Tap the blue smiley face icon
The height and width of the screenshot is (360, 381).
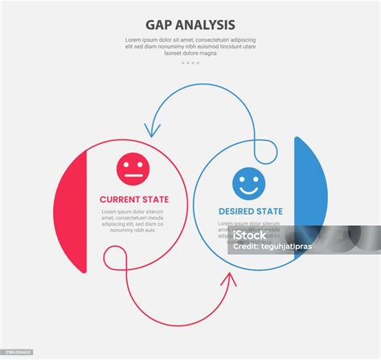tap(248, 183)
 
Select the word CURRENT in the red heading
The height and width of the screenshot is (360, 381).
tap(123, 198)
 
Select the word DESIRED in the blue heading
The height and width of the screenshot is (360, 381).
tap(238, 211)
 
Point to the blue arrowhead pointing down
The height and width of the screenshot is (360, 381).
tap(148, 129)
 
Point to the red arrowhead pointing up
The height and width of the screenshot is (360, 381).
tap(231, 280)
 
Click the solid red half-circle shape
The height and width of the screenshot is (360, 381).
tap(71, 209)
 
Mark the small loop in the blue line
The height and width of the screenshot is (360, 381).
tap(264, 149)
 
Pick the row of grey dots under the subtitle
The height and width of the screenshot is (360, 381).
tap(190, 62)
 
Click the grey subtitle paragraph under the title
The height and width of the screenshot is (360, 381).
tap(190, 47)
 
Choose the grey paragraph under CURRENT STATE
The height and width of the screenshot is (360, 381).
tap(133, 220)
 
